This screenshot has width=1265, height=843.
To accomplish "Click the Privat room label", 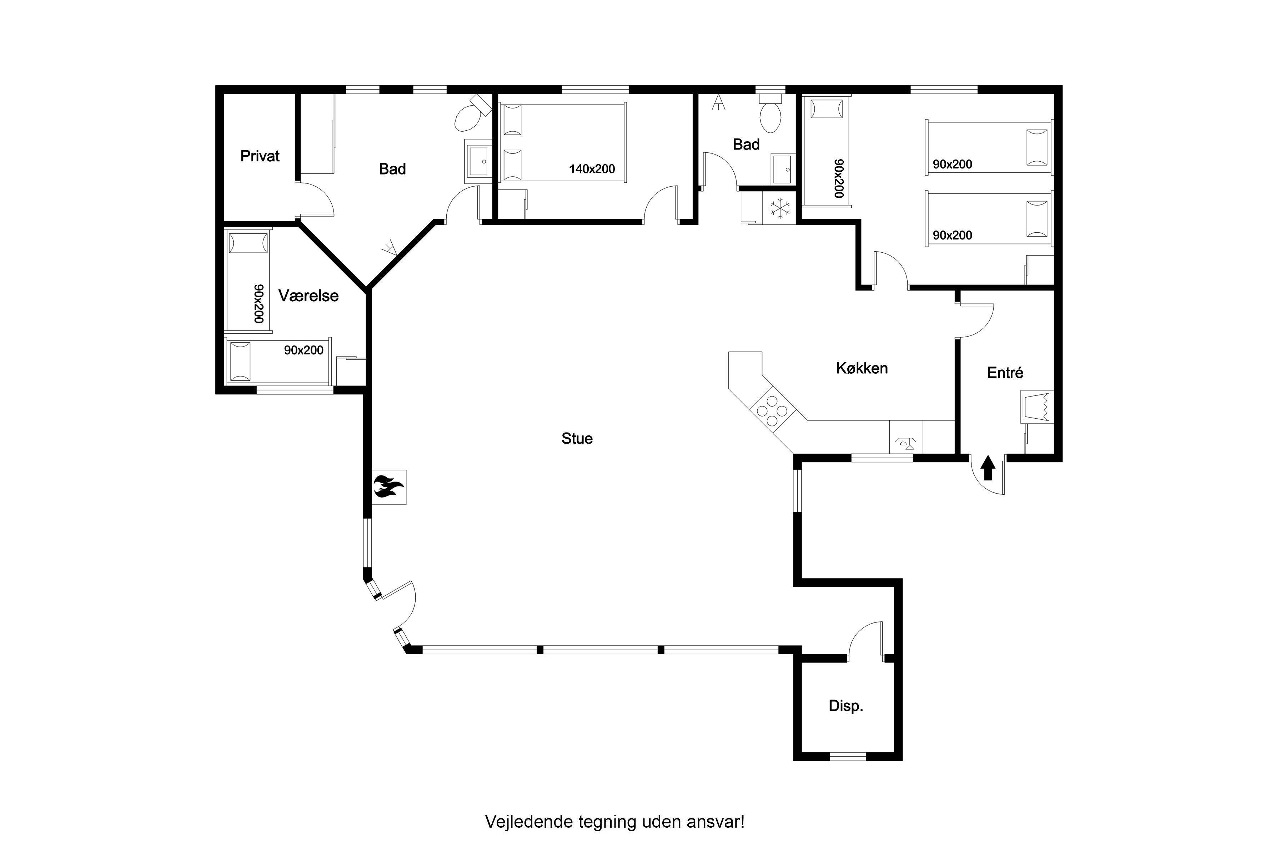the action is (x=260, y=156).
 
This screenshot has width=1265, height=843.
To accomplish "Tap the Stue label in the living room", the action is (x=577, y=439).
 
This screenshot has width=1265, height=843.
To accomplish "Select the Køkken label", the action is (x=862, y=368).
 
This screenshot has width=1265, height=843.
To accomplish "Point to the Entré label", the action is (x=1005, y=373).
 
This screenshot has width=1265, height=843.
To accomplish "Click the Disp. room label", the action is (x=845, y=706).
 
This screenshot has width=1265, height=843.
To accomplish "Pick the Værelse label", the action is (x=308, y=296).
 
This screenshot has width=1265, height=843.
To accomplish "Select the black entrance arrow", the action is (x=988, y=468).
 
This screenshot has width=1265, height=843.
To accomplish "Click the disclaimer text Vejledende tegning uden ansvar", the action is (x=615, y=822).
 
